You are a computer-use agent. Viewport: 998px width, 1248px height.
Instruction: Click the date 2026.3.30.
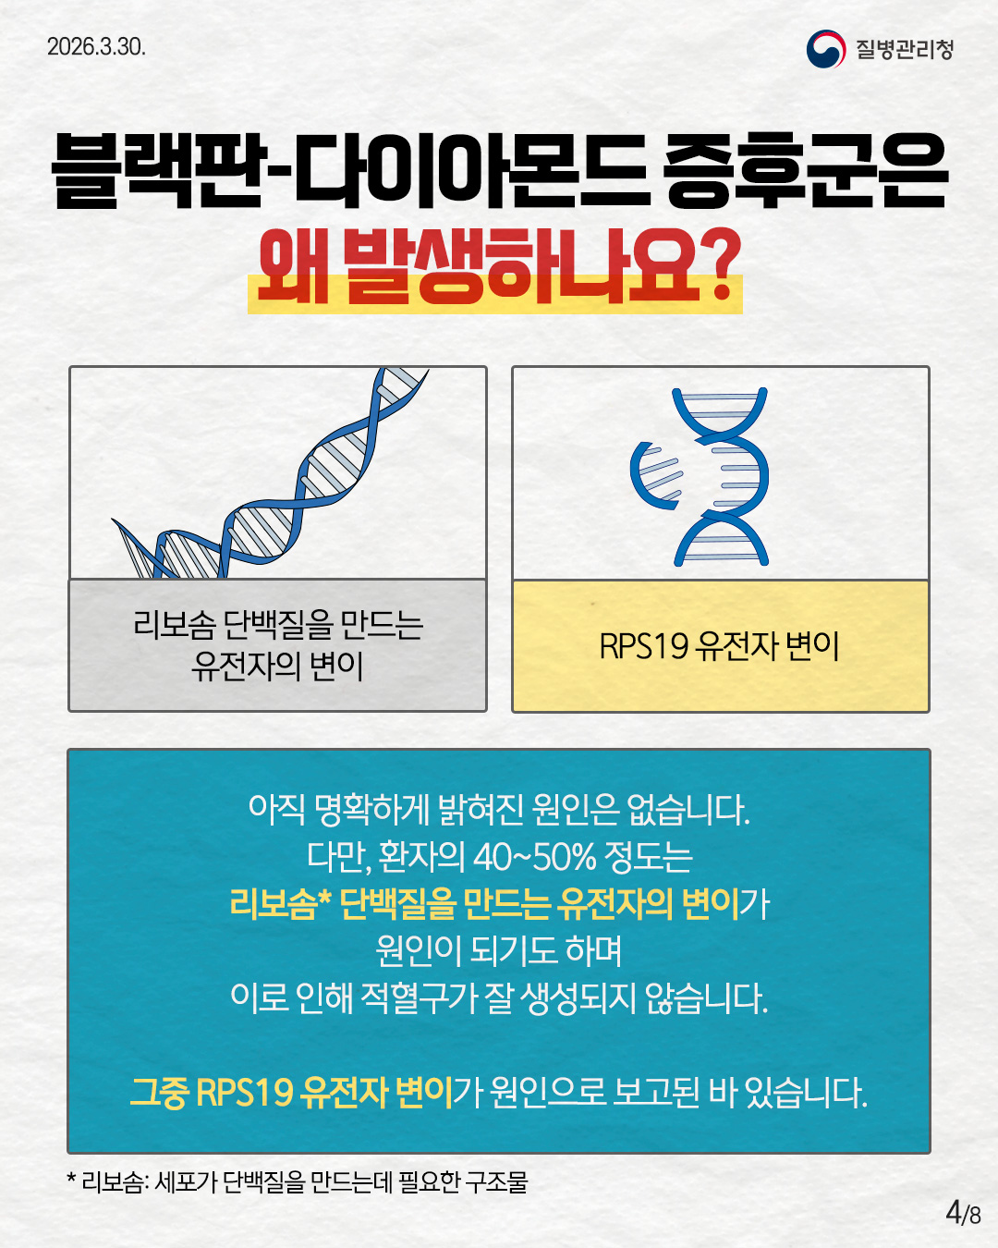pos(96,47)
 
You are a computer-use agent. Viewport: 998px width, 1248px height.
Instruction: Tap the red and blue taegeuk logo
pos(826,49)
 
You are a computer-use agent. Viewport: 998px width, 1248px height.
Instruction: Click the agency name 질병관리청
pos(905,49)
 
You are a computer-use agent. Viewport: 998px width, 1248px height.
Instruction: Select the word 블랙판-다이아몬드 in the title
pos(349,170)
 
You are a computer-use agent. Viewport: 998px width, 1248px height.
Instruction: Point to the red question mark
pos(723,264)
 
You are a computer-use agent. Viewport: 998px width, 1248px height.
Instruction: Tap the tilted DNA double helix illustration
pos(270,473)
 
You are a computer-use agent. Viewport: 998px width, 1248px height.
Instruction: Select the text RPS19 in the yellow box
pos(644,646)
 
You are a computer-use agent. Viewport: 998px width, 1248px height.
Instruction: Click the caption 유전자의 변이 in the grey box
pos(277,667)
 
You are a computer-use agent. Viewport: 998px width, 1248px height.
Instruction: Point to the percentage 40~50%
pos(535,856)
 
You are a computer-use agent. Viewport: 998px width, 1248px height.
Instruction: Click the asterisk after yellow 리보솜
pos(324,899)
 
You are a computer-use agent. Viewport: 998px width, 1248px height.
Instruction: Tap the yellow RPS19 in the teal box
pos(244,1093)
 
